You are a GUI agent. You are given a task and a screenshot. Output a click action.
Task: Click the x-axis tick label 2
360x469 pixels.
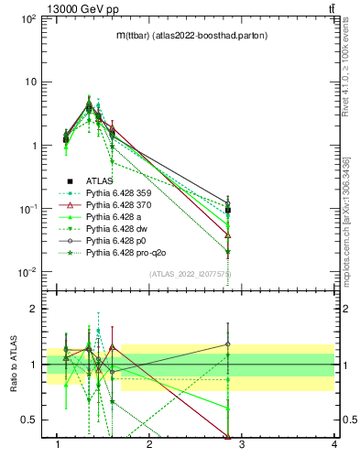point(150,446)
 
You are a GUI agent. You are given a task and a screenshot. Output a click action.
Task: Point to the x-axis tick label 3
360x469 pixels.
point(242,446)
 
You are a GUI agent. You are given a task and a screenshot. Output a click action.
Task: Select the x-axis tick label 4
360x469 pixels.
point(333,446)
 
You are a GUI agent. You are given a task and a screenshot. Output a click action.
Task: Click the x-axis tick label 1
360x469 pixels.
point(59,446)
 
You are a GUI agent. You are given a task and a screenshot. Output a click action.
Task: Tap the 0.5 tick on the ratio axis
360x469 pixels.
point(29,420)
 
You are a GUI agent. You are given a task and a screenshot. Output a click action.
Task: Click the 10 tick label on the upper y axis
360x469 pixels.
point(29,82)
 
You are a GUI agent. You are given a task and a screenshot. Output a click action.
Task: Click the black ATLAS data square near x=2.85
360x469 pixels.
point(228,211)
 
